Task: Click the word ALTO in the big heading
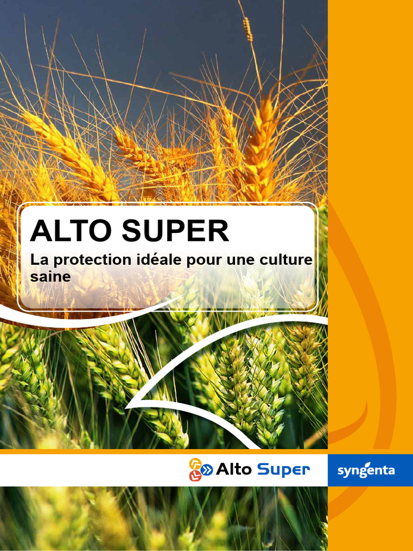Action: point(72,231)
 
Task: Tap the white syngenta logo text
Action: point(366,471)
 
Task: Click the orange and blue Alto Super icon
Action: point(200,469)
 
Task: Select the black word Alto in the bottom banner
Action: point(233,470)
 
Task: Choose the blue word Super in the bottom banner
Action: point(283,470)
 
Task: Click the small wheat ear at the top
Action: point(248,29)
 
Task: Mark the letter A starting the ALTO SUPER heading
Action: point(41,231)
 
